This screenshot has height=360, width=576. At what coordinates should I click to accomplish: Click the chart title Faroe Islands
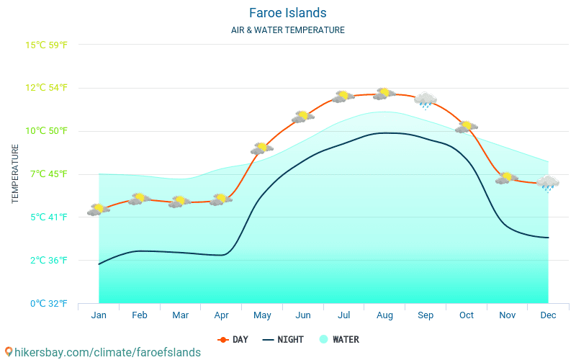click(x=287, y=13)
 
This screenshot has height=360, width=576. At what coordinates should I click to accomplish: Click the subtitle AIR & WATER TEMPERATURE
click(x=287, y=30)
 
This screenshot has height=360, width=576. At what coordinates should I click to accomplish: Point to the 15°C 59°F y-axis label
click(x=46, y=45)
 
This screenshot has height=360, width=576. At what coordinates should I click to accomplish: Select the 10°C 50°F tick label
click(x=46, y=131)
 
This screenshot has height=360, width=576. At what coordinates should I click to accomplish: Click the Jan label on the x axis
click(x=99, y=315)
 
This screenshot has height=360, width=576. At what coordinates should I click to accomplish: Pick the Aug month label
click(x=384, y=315)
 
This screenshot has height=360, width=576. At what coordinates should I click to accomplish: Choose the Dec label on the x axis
click(x=548, y=315)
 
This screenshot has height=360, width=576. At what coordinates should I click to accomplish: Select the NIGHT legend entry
click(x=283, y=340)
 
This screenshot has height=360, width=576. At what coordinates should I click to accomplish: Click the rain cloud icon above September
click(x=426, y=100)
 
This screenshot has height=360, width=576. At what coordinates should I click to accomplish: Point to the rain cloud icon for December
click(x=548, y=184)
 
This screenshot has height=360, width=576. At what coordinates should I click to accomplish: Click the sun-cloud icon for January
click(x=99, y=210)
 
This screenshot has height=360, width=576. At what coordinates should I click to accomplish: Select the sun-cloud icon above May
click(x=262, y=148)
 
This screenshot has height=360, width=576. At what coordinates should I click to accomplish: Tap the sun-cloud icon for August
click(x=384, y=94)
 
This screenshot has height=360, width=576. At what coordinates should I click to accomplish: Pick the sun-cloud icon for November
click(x=507, y=178)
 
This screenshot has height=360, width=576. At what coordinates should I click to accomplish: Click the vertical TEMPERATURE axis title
click(x=15, y=174)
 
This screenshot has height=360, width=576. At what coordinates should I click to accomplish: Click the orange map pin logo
click(x=9, y=352)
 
